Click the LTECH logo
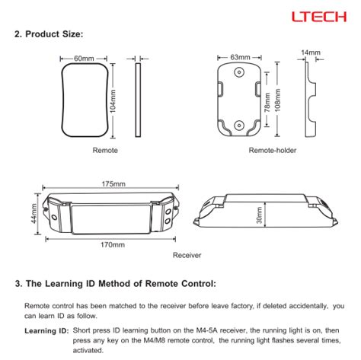pos(319,17)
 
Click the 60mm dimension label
pos(84,59)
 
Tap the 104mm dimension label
pos(113,101)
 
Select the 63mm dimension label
pos(240,57)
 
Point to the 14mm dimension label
pos(311,53)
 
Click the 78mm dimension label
pos(267,102)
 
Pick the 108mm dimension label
pos(278,100)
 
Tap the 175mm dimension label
pos(113,184)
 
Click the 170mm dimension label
pos(113,245)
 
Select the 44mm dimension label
pos(34,214)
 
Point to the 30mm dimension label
pos(259,215)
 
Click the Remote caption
pos(105,150)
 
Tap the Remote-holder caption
pos(273,150)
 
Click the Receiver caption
pos(187,255)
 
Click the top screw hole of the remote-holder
pos(239,72)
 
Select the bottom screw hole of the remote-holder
pos(239,125)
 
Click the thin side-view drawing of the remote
pos(138,100)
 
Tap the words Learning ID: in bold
pos(46,331)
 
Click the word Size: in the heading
pos(73,34)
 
